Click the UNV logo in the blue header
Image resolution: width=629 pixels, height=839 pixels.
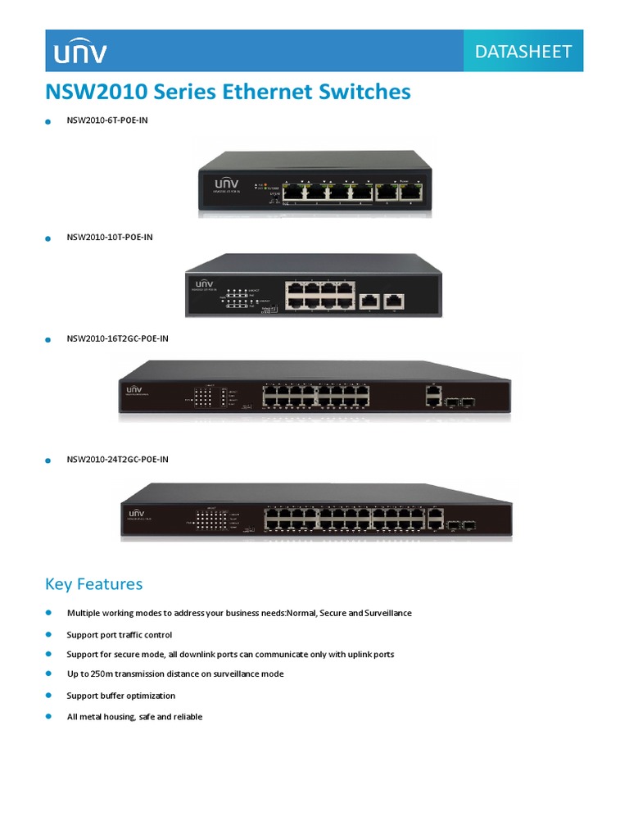pyautogui.click(x=79, y=52)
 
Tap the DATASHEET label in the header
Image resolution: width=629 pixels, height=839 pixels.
pyautogui.click(x=523, y=52)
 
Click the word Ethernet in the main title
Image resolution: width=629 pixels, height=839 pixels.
pyautogui.click(x=251, y=92)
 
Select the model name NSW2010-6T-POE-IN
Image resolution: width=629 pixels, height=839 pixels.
pyautogui.click(x=107, y=120)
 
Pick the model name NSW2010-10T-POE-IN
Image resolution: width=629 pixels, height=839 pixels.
pyautogui.click(x=110, y=238)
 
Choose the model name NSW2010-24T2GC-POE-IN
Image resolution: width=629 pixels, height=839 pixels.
pyautogui.click(x=118, y=460)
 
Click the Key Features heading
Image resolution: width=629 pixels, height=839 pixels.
pyautogui.click(x=93, y=584)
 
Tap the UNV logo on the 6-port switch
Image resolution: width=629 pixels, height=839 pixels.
pyautogui.click(x=227, y=184)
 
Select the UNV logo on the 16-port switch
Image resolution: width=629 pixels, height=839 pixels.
pyautogui.click(x=133, y=388)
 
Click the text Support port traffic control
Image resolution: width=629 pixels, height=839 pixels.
pyautogui.click(x=119, y=635)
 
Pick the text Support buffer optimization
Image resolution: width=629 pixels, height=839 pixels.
pyautogui.click(x=120, y=696)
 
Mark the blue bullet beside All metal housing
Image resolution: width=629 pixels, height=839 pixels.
pyautogui.click(x=48, y=716)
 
